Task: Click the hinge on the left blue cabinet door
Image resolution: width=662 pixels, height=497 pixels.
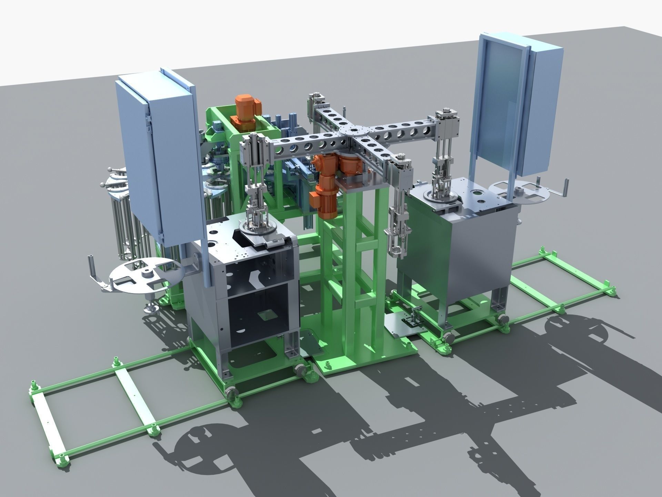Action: (x=148, y=119)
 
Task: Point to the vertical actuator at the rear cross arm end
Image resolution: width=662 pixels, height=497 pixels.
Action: (x=315, y=104)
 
